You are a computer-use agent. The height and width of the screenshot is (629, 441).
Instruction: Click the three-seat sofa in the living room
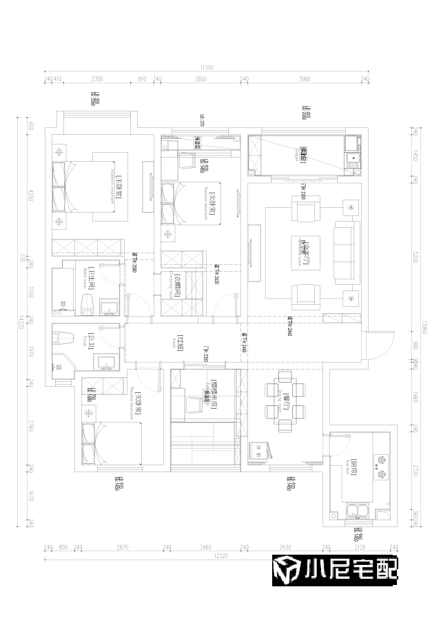[x=346, y=250]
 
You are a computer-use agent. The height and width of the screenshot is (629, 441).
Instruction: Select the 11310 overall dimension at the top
[x=206, y=67]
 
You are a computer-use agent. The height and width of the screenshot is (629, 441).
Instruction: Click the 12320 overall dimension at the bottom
[x=221, y=555]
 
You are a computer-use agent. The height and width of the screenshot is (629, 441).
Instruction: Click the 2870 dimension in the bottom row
[x=122, y=547]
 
